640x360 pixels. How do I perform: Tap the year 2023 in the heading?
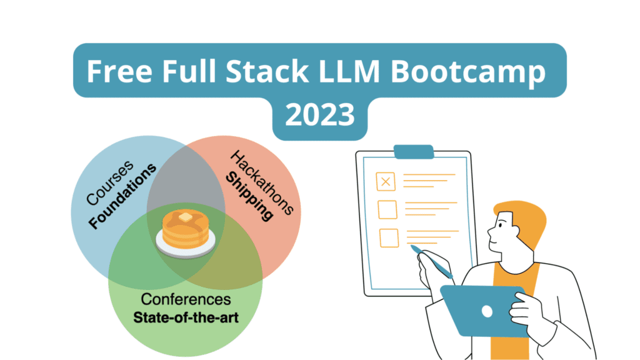click(320, 114)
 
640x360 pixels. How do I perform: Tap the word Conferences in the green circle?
click(186, 299)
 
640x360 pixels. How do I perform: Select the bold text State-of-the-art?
click(186, 317)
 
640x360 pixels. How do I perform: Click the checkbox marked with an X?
click(386, 181)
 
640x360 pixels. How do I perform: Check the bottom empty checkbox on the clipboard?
click(389, 238)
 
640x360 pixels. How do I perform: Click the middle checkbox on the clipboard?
click(387, 209)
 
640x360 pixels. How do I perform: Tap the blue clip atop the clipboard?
click(413, 152)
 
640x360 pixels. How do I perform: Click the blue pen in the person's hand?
click(432, 262)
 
